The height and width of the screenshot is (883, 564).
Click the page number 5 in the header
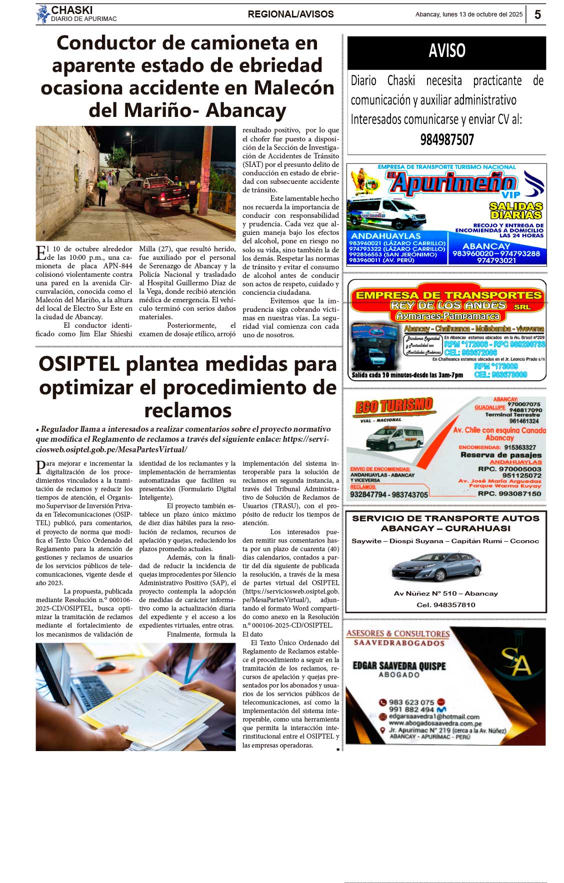[x=537, y=14]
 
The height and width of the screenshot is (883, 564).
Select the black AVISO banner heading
[x=446, y=51]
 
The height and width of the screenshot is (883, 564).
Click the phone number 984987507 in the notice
[x=446, y=140]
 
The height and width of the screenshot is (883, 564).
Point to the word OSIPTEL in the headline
[x=79, y=364]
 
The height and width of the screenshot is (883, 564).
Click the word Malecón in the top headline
[x=294, y=88]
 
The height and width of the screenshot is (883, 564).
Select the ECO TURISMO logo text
[x=393, y=406]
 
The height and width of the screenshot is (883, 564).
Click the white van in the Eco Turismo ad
[x=395, y=438]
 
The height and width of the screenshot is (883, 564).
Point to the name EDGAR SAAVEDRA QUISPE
[x=398, y=666]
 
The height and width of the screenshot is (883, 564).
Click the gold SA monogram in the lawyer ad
[x=515, y=662]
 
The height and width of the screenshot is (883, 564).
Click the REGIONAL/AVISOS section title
[x=290, y=14]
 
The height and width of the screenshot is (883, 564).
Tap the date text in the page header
[x=468, y=14]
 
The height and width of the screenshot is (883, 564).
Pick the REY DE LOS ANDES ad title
[x=448, y=305]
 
